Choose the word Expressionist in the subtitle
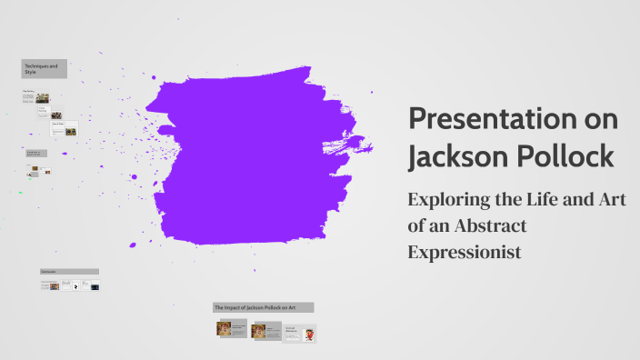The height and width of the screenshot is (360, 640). (465, 252)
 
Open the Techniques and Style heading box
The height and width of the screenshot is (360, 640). (44, 69)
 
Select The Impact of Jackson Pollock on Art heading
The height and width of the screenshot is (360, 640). (263, 307)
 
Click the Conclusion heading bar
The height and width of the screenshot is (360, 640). (69, 271)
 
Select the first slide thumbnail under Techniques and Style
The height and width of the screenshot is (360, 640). (42, 97)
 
